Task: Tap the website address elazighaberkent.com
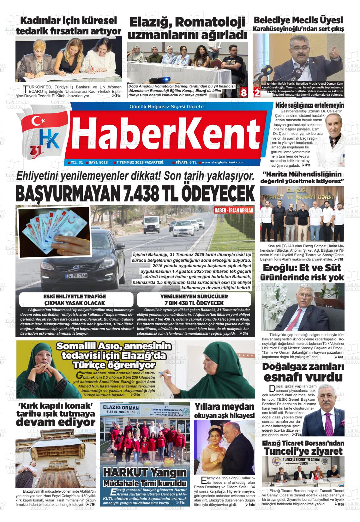coord(222,162)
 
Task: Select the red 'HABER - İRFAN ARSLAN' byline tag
coord(234,211)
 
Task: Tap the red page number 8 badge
coord(243,93)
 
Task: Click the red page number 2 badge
coord(257,93)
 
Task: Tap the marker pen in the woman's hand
coord(165,375)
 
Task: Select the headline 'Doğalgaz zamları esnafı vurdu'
coord(303,372)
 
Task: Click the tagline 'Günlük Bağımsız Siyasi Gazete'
coord(166,106)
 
